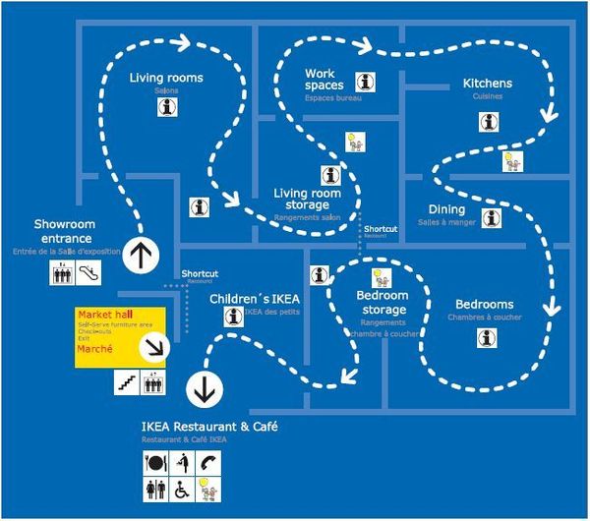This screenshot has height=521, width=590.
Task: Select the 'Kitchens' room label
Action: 488,84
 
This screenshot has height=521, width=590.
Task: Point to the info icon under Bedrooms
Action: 487,337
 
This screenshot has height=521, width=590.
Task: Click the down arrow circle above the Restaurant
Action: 206,388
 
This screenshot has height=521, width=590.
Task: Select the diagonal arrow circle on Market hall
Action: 155,347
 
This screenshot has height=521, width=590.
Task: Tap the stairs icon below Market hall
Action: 125,383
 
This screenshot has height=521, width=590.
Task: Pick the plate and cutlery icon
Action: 154,462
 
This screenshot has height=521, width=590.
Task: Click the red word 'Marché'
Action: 95,349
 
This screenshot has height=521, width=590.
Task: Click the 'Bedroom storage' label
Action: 383,303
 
